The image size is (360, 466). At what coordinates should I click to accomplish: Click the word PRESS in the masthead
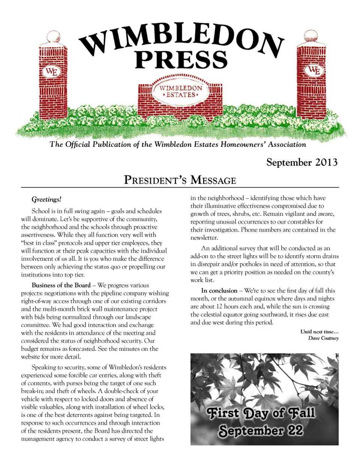pyautogui.click(x=181, y=60)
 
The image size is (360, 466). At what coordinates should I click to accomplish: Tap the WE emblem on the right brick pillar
pyautogui.click(x=314, y=70)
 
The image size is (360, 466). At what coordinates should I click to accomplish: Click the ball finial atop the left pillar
pyautogui.click(x=53, y=37)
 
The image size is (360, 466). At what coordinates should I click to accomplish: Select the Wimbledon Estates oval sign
pyautogui.click(x=181, y=91)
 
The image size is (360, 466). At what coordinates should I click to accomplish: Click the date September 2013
pyautogui.click(x=302, y=162)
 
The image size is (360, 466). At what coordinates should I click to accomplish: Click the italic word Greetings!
pyautogui.click(x=46, y=199)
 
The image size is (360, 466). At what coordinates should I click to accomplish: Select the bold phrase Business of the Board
pyautogui.click(x=61, y=285)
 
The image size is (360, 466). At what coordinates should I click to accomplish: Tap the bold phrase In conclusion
pyautogui.click(x=219, y=290)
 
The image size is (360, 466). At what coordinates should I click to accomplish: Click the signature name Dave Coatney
pyautogui.click(x=323, y=338)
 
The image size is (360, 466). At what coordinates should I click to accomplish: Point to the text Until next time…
pyautogui.click(x=319, y=332)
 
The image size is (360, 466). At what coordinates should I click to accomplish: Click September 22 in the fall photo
pyautogui.click(x=261, y=431)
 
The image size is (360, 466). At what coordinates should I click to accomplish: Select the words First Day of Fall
pyautogui.click(x=261, y=413)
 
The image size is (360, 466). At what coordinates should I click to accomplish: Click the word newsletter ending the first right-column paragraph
pyautogui.click(x=204, y=238)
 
